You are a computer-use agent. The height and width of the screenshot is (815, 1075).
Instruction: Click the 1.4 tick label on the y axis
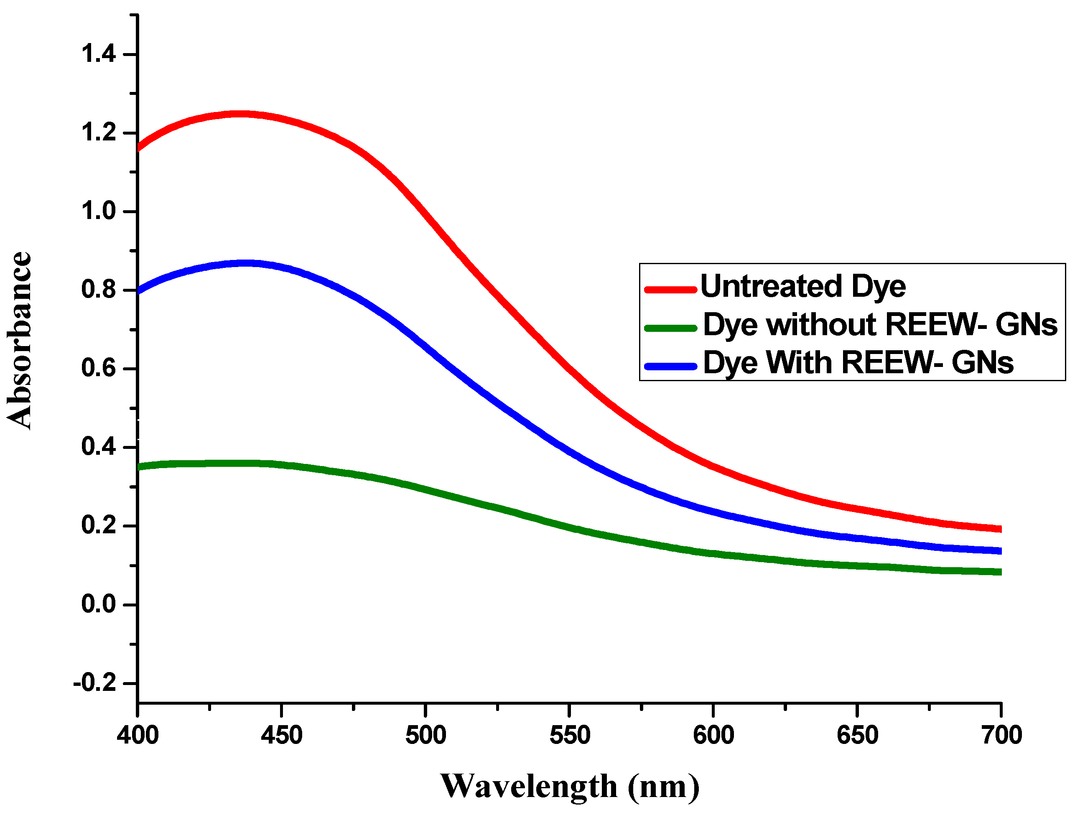pyautogui.click(x=98, y=53)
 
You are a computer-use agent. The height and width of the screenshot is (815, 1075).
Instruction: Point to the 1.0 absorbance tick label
pyautogui.click(x=98, y=211)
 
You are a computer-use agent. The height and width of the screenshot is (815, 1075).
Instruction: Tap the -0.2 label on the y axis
pyautogui.click(x=94, y=683)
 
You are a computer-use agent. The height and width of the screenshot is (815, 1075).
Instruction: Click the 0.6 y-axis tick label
pyautogui.click(x=98, y=368)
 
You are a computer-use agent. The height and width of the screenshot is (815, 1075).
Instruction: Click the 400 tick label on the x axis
pyautogui.click(x=138, y=735)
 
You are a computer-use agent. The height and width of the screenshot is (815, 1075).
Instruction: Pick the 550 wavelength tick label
pyautogui.click(x=570, y=735)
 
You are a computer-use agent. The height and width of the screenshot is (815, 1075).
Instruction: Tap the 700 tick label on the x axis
pyautogui.click(x=1001, y=735)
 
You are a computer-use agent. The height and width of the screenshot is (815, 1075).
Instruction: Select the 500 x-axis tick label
pyautogui.click(x=426, y=735)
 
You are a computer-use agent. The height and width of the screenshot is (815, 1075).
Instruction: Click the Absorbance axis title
pyautogui.click(x=20, y=340)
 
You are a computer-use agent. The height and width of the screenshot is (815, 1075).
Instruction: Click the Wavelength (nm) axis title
pyautogui.click(x=570, y=786)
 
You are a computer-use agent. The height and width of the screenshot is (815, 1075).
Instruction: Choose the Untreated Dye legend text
pyautogui.click(x=803, y=286)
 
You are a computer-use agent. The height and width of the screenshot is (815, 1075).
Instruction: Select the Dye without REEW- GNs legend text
pyautogui.click(x=880, y=324)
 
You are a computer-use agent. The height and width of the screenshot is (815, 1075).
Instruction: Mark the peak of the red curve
pyautogui.click(x=239, y=114)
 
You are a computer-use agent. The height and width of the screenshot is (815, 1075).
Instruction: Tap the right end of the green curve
pyautogui.click(x=1000, y=572)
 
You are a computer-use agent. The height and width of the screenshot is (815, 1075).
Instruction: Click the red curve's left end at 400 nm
pyautogui.click(x=139, y=147)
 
